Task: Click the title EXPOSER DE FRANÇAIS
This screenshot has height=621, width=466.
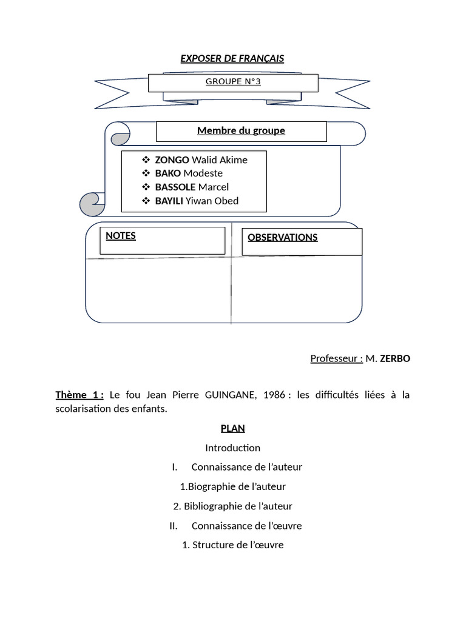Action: tap(232, 59)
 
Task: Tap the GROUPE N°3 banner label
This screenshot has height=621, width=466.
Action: tap(233, 82)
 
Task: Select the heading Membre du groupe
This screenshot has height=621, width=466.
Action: tap(241, 130)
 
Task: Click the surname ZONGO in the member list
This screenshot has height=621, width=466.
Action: tap(172, 160)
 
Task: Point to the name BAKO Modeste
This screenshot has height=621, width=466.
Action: tap(189, 173)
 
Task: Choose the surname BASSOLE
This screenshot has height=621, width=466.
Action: tap(175, 187)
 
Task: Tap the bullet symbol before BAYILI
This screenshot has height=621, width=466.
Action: tap(146, 201)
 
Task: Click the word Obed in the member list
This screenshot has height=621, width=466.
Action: tap(226, 201)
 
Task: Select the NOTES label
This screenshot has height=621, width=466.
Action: tap(121, 236)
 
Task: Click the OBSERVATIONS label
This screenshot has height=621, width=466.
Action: tap(283, 237)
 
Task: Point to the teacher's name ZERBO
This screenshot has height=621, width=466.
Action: tap(395, 358)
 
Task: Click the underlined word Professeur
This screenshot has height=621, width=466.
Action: tap(334, 358)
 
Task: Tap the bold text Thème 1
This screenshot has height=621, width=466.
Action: tap(79, 395)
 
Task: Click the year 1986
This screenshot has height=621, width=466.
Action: tap(274, 395)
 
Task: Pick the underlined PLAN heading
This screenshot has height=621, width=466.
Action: tap(232, 429)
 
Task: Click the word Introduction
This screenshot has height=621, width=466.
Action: tap(232, 448)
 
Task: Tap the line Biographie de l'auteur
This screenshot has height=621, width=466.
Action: tap(237, 487)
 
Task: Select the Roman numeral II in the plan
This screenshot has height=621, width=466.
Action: tap(173, 526)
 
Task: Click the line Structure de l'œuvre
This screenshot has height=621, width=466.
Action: tap(238, 545)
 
